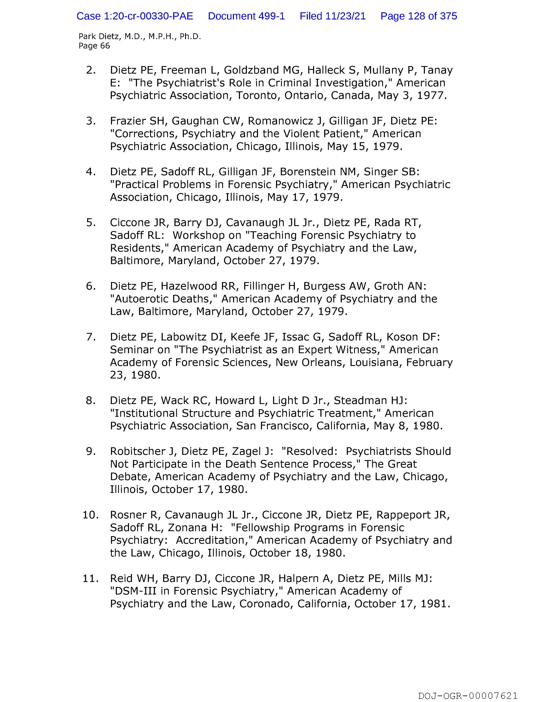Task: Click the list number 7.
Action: point(91,337)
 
